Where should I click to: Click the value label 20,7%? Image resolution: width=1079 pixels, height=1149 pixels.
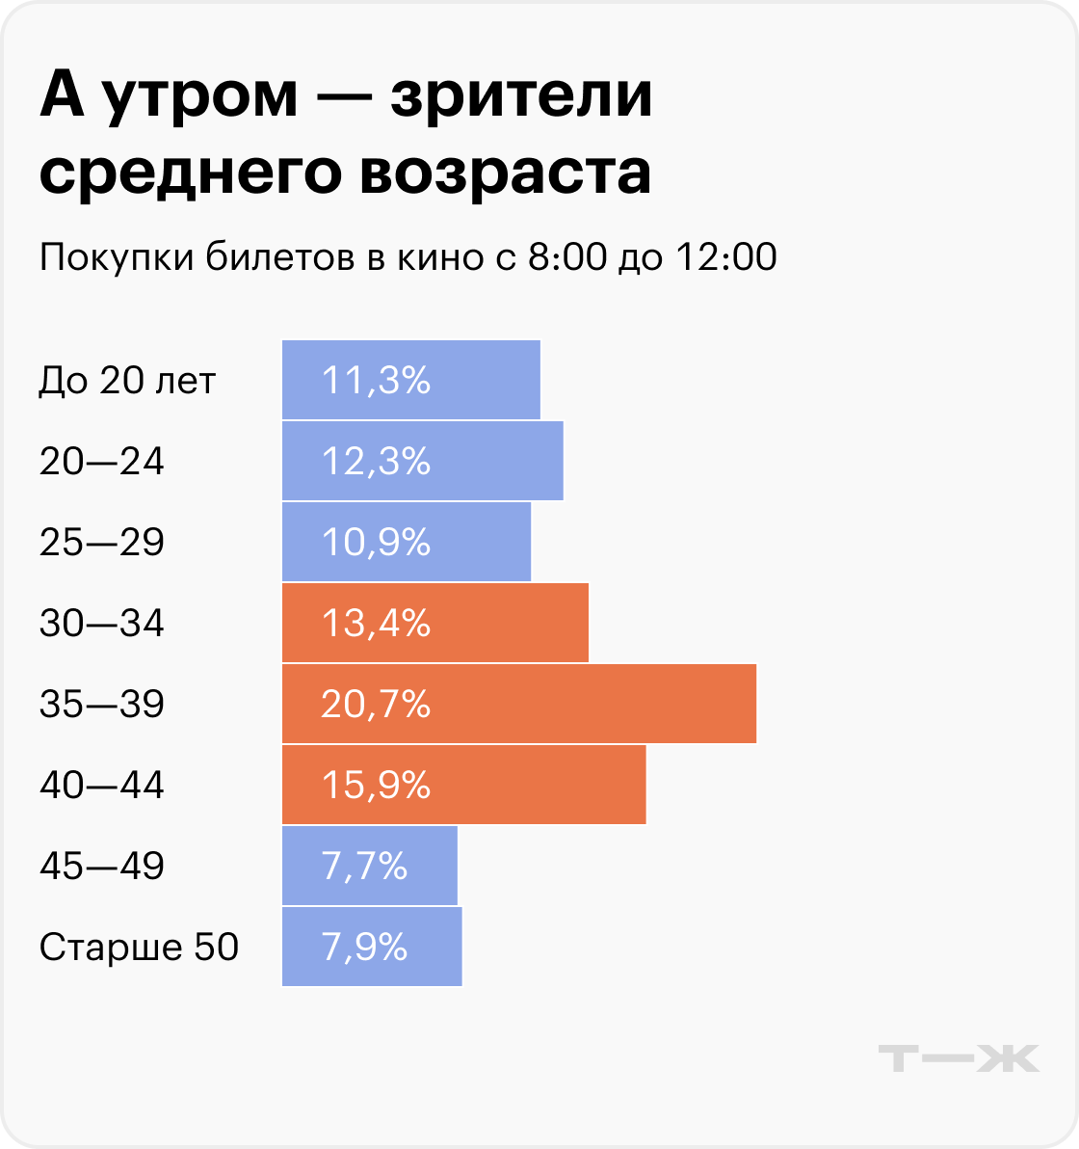pyautogui.click(x=376, y=705)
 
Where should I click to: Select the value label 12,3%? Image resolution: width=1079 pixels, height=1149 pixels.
pyautogui.click(x=376, y=462)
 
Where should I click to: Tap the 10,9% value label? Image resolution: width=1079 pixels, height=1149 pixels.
pyautogui.click(x=376, y=543)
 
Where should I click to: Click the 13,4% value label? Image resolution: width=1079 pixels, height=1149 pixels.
pyautogui.click(x=376, y=624)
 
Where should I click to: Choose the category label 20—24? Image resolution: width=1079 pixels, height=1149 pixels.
pyautogui.click(x=102, y=462)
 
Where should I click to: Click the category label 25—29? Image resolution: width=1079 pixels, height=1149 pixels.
pyautogui.click(x=102, y=543)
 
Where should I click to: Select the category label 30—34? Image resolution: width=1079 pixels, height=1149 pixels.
pyautogui.click(x=102, y=624)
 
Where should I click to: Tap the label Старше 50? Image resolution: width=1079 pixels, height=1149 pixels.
pyautogui.click(x=139, y=948)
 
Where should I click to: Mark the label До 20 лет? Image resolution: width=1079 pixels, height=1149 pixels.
pyautogui.click(x=127, y=381)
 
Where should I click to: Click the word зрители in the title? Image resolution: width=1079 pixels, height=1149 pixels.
pyautogui.click(x=520, y=98)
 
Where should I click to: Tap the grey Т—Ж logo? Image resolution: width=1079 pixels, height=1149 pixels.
pyautogui.click(x=959, y=1057)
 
